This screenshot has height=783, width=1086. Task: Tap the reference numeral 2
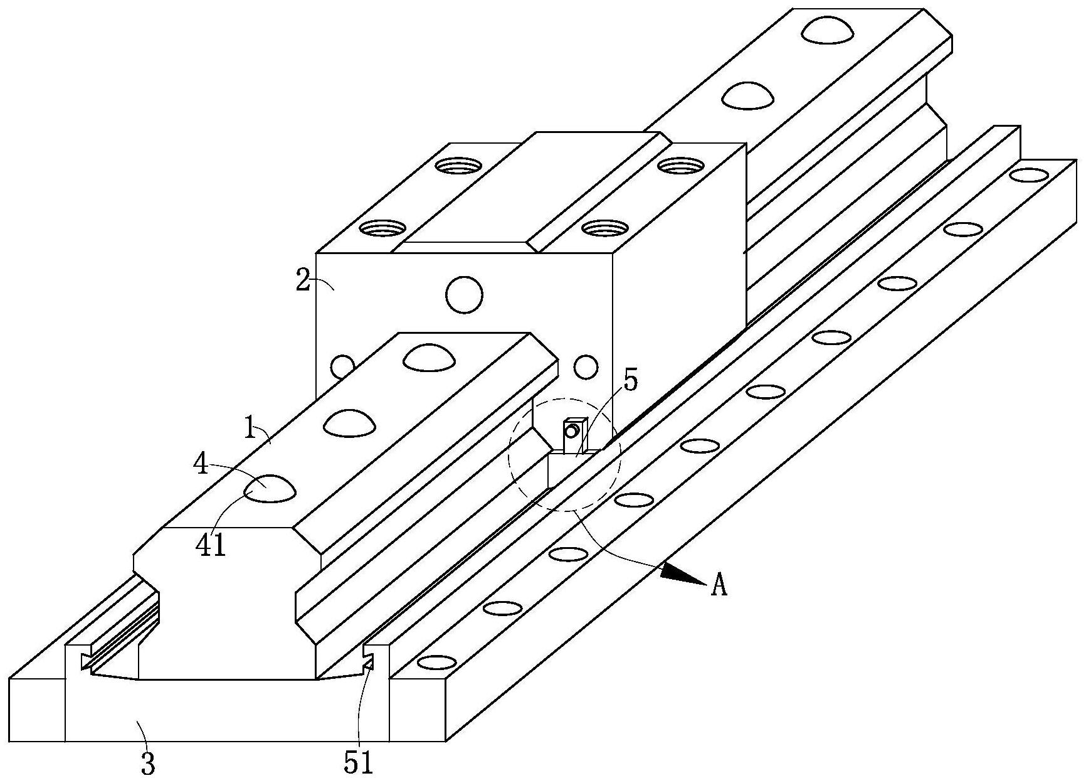click(x=303, y=280)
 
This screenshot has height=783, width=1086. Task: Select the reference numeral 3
click(x=147, y=764)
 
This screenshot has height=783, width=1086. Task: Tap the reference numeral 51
click(x=359, y=763)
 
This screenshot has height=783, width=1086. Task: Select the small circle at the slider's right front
click(x=586, y=367)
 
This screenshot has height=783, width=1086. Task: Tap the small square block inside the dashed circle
click(x=574, y=435)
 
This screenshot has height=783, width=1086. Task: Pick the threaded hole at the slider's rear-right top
click(x=682, y=166)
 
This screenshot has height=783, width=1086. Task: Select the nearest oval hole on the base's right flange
click(x=437, y=662)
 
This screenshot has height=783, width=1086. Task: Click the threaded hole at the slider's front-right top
click(x=605, y=227)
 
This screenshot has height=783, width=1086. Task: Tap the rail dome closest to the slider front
click(x=429, y=357)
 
